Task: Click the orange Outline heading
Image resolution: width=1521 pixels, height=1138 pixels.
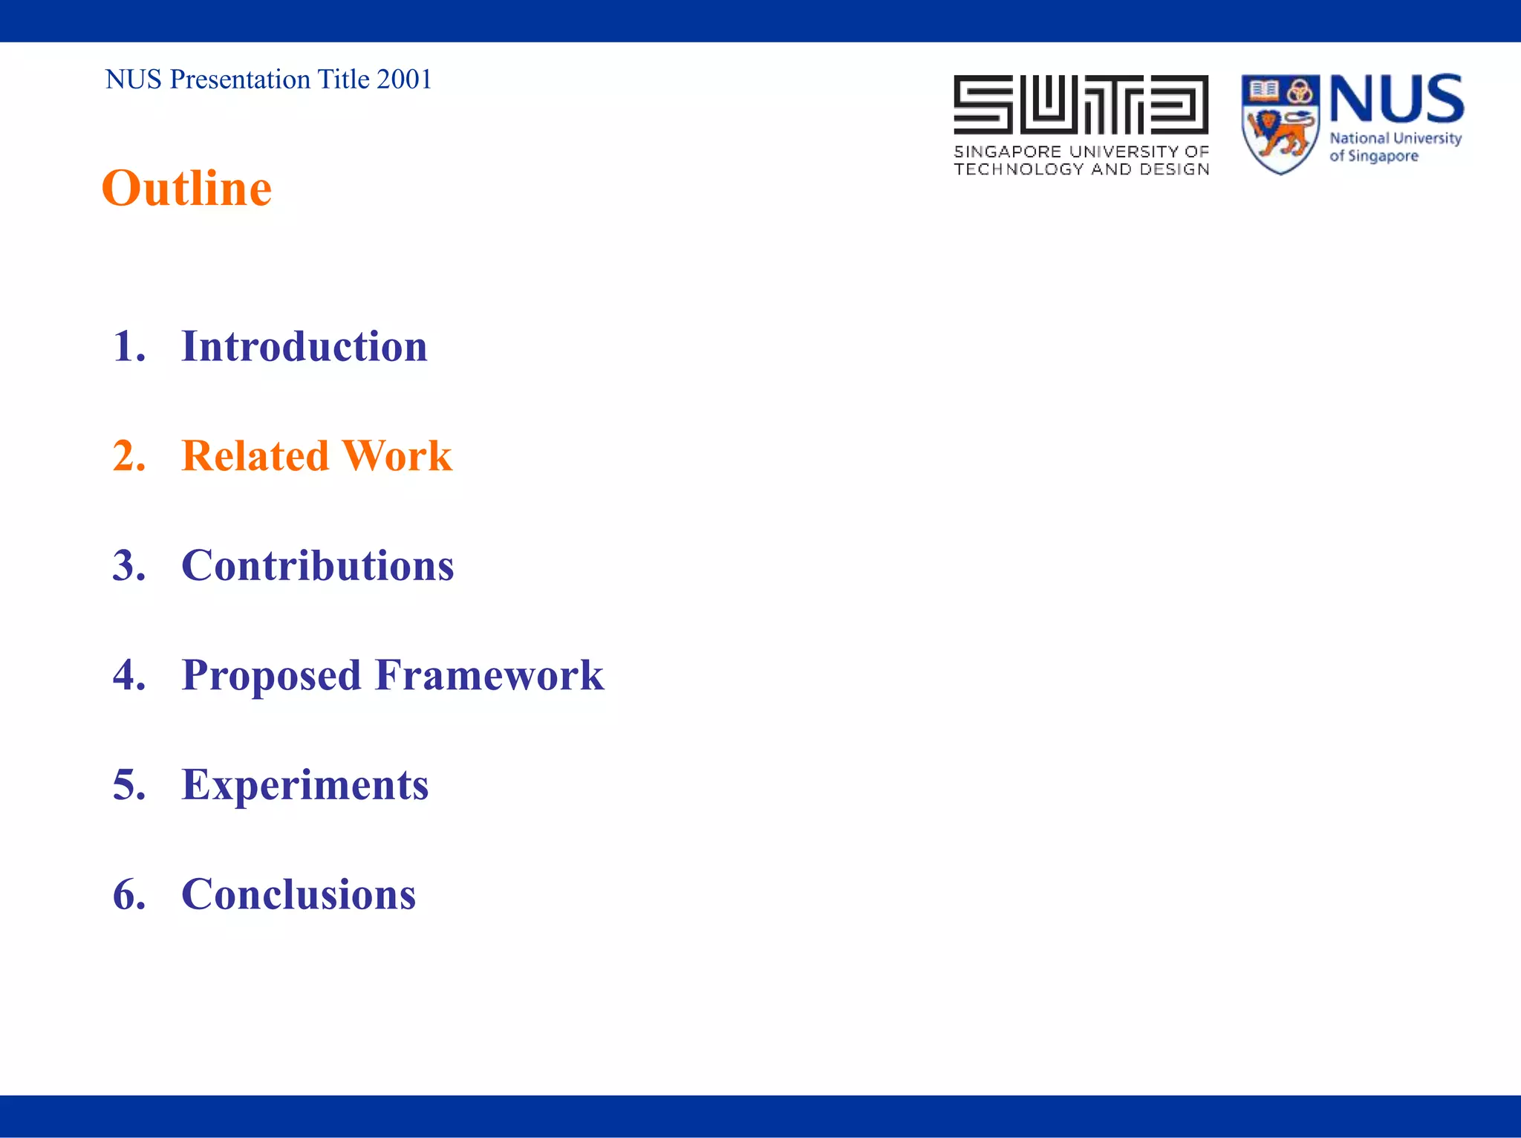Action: pyautogui.click(x=186, y=189)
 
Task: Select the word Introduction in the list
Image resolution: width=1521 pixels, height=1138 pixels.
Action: pyautogui.click(x=304, y=347)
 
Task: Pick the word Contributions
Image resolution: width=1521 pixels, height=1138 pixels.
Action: pyautogui.click(x=317, y=566)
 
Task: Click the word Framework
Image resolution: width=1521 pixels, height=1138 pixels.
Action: pyautogui.click(x=489, y=675)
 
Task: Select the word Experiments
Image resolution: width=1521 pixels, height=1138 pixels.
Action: pyautogui.click(x=304, y=786)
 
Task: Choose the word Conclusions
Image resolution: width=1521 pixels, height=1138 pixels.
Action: pyautogui.click(x=299, y=894)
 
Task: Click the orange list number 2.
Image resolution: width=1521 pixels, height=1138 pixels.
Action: pyautogui.click(x=128, y=456)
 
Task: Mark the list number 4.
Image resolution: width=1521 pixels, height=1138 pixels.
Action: pyautogui.click(x=128, y=675)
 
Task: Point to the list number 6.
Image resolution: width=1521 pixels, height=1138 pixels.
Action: pyautogui.click(x=128, y=894)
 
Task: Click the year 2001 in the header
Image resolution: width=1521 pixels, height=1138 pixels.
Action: pyautogui.click(x=404, y=79)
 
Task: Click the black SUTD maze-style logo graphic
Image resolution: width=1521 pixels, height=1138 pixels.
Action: pyautogui.click(x=1081, y=104)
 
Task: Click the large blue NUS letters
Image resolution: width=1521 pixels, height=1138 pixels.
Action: pyautogui.click(x=1396, y=99)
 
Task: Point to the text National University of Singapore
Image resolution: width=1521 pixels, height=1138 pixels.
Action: pyautogui.click(x=1394, y=147)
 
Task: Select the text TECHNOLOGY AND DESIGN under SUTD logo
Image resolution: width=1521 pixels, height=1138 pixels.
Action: pyautogui.click(x=1081, y=169)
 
